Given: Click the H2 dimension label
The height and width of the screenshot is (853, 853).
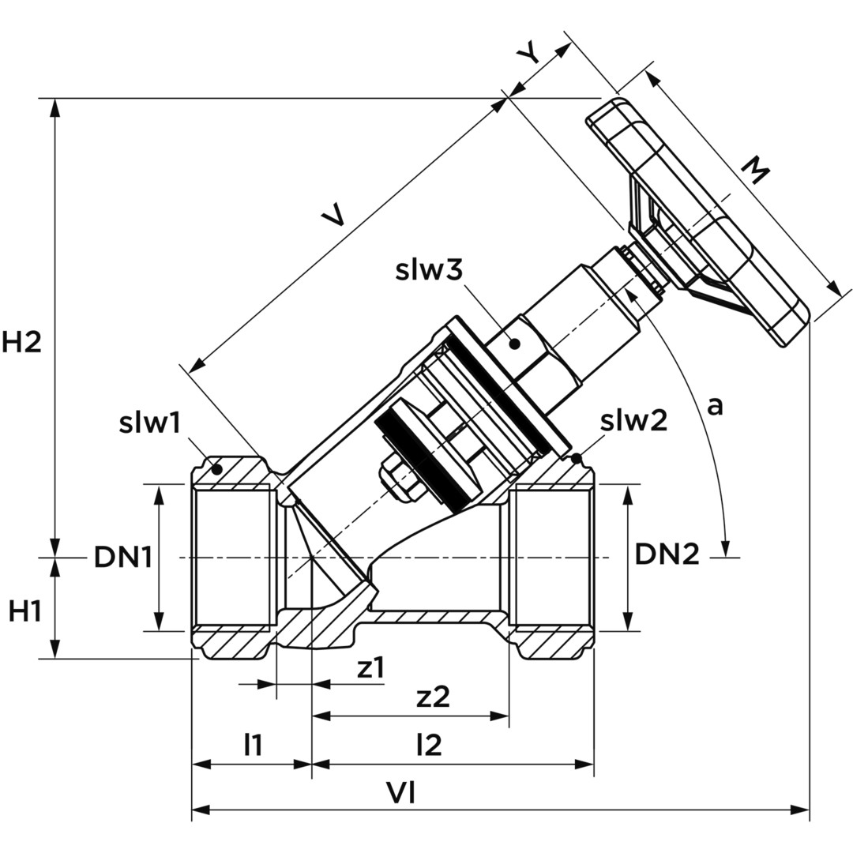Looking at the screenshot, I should [21, 343].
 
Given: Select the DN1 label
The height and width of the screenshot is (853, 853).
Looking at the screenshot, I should [122, 558].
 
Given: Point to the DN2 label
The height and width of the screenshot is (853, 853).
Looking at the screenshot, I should [667, 555].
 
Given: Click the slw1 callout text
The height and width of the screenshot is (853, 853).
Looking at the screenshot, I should [150, 423].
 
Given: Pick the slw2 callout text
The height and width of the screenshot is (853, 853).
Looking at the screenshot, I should [633, 421].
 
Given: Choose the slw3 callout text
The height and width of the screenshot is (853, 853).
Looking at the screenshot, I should [428, 270].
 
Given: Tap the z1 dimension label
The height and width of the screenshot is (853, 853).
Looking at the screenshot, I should [370, 668].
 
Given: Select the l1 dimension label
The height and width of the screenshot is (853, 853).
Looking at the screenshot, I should [253, 744].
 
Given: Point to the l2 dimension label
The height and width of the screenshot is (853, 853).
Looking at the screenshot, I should [428, 744].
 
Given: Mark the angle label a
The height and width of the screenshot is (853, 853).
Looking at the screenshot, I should [714, 406].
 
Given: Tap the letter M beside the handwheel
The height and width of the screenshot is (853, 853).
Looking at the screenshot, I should [756, 171].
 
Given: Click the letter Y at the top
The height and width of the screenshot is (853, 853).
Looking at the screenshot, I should [529, 54].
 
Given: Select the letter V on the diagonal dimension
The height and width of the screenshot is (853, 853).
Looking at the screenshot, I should [335, 215].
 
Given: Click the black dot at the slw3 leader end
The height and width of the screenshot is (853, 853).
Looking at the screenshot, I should [514, 344].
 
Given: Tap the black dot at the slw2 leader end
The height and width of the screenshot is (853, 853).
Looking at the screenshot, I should [577, 458].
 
